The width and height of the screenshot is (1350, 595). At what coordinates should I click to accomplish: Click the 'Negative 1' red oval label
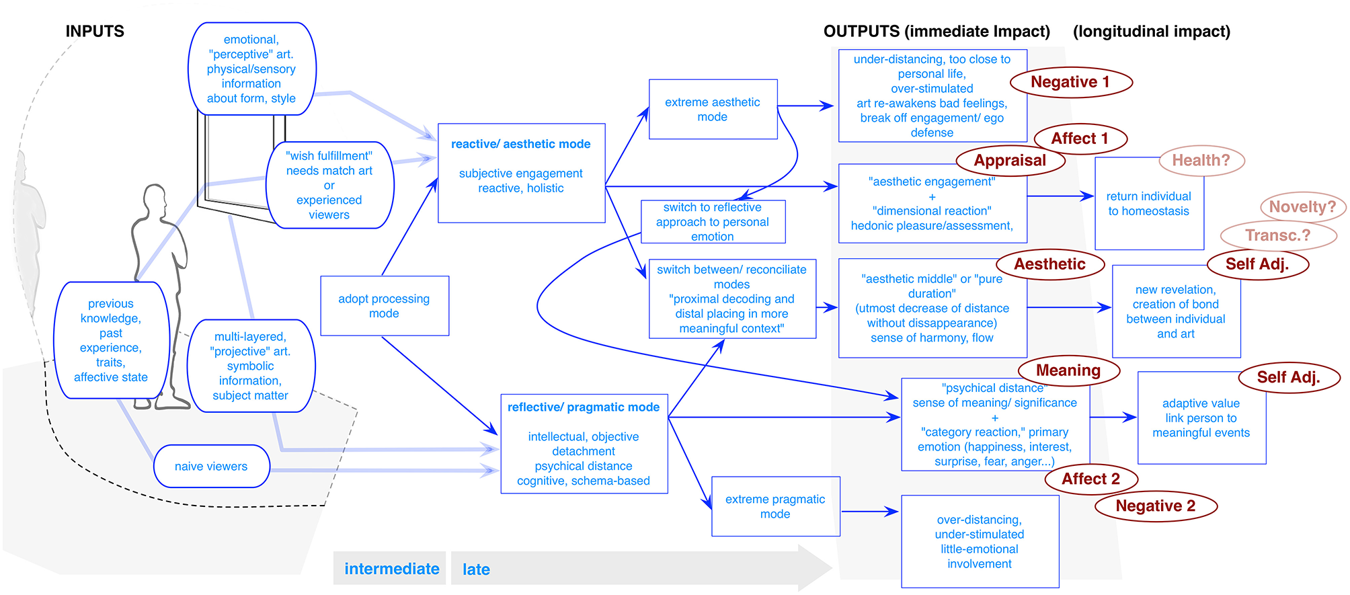(x=1070, y=82)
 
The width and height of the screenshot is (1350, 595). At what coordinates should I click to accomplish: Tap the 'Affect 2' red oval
(x=1090, y=479)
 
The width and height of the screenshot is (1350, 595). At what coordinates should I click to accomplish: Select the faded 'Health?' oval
(x=1201, y=161)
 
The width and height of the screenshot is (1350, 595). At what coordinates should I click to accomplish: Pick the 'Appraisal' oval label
(x=1009, y=161)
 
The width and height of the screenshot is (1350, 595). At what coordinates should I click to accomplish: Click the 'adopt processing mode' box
(x=384, y=306)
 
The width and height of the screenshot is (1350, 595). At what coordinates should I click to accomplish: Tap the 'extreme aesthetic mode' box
(x=712, y=110)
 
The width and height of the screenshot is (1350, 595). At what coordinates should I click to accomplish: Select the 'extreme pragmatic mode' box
(x=775, y=506)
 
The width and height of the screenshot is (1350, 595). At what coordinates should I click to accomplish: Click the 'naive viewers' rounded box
(x=211, y=466)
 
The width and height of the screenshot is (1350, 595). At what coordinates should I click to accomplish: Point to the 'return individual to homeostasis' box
(x=1148, y=204)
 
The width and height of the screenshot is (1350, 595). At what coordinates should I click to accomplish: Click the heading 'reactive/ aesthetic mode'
(x=520, y=144)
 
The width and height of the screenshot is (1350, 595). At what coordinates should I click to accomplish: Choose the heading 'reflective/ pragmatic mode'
(x=583, y=407)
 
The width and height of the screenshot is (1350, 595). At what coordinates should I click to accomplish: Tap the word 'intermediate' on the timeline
(x=391, y=569)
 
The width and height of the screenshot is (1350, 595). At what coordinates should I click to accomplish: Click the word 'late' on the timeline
(x=476, y=569)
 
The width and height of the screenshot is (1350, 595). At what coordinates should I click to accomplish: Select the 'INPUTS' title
(x=95, y=32)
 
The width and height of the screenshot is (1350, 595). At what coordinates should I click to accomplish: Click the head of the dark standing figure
(x=155, y=198)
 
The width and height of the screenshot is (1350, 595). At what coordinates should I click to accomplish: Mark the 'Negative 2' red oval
(x=1155, y=506)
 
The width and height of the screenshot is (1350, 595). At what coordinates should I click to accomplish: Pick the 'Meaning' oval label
(x=1068, y=370)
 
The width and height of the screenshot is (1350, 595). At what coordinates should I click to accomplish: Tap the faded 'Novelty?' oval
(x=1302, y=207)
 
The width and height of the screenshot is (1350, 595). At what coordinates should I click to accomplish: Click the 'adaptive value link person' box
(x=1201, y=418)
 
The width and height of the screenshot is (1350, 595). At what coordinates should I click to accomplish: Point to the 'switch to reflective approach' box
(x=712, y=222)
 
